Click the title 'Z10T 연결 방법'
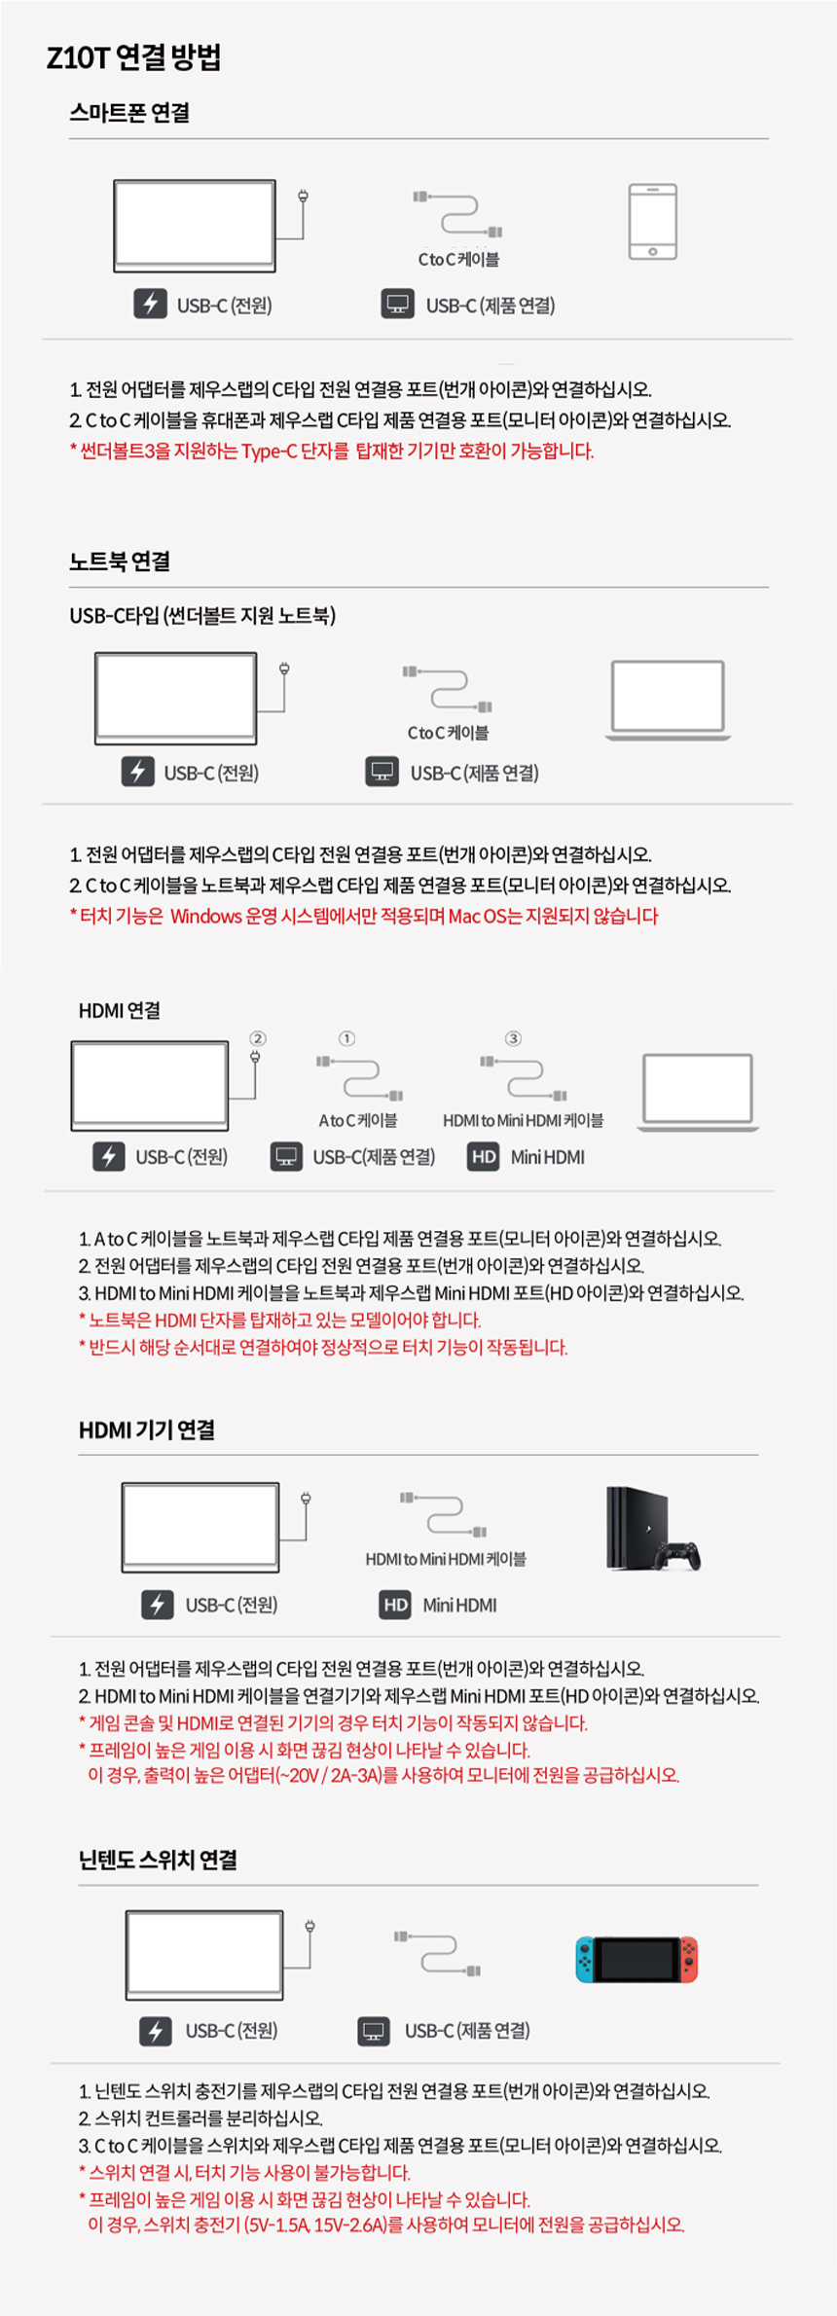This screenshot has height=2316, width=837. (133, 58)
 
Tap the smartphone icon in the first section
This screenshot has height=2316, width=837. (652, 222)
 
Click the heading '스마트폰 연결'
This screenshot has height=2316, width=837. (129, 113)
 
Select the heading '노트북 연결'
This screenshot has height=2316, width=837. (120, 561)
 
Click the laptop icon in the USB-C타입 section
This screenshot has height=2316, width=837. (668, 700)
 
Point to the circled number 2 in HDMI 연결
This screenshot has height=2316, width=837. (258, 1038)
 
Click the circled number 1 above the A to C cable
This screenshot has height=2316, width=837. (346, 1038)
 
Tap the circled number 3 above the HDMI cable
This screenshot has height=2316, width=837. (513, 1038)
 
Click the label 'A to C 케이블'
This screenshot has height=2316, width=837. (358, 1121)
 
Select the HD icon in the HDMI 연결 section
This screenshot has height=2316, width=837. (484, 1157)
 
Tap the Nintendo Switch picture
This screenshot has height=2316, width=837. (637, 1959)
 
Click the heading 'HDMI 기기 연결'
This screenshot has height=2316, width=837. (147, 1429)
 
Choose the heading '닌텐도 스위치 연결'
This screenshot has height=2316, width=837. (159, 1860)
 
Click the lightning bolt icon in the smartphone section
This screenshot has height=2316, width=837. (150, 305)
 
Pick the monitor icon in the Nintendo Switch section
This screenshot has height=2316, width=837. (374, 2031)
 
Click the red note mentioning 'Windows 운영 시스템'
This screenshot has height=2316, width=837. (364, 916)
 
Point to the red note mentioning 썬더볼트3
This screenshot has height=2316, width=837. (332, 451)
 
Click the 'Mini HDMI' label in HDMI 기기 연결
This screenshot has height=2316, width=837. (459, 1606)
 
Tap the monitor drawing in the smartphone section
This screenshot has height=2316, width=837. (195, 226)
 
